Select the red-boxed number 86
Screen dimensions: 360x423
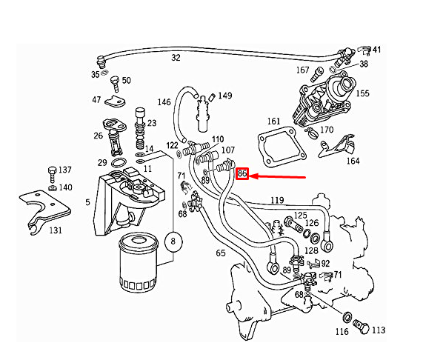point(242,175)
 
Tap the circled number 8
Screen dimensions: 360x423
point(173,241)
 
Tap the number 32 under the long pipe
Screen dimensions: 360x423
point(176,58)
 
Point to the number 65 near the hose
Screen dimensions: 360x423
point(220,253)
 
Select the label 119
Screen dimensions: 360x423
point(277,200)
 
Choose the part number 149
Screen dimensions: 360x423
point(224,96)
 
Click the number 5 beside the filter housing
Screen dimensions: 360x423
point(87,201)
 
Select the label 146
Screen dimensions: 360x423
point(164,101)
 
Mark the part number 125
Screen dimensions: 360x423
point(300,216)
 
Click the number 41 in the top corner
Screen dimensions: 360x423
point(376,50)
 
